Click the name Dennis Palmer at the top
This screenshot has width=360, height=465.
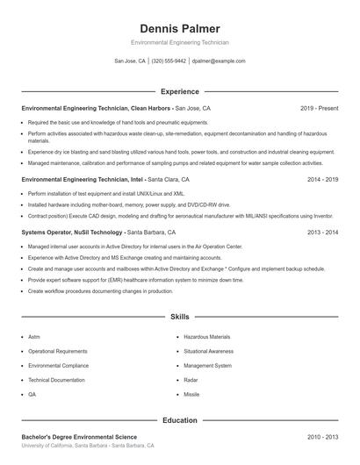click(179, 28)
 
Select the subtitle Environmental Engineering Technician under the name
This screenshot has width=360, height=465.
click(179, 42)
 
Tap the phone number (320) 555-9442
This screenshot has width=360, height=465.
click(169, 61)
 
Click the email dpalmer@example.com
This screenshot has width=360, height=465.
click(219, 61)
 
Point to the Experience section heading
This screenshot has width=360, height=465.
click(179, 91)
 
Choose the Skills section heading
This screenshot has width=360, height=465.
click(179, 316)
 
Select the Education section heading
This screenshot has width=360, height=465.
click(179, 420)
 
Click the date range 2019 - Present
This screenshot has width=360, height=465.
click(319, 108)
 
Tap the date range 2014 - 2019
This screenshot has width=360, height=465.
click(322, 179)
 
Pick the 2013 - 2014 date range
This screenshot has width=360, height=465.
click(322, 232)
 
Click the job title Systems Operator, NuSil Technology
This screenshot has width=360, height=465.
click(72, 232)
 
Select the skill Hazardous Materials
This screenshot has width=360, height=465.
click(207, 336)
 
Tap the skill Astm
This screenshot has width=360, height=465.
click(34, 336)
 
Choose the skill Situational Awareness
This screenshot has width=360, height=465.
click(209, 351)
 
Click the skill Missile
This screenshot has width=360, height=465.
click(191, 395)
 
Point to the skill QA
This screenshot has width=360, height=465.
click(32, 395)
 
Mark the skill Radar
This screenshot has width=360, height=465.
click(191, 380)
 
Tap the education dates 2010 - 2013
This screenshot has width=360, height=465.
click(322, 437)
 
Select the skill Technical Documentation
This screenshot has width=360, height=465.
click(56, 380)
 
